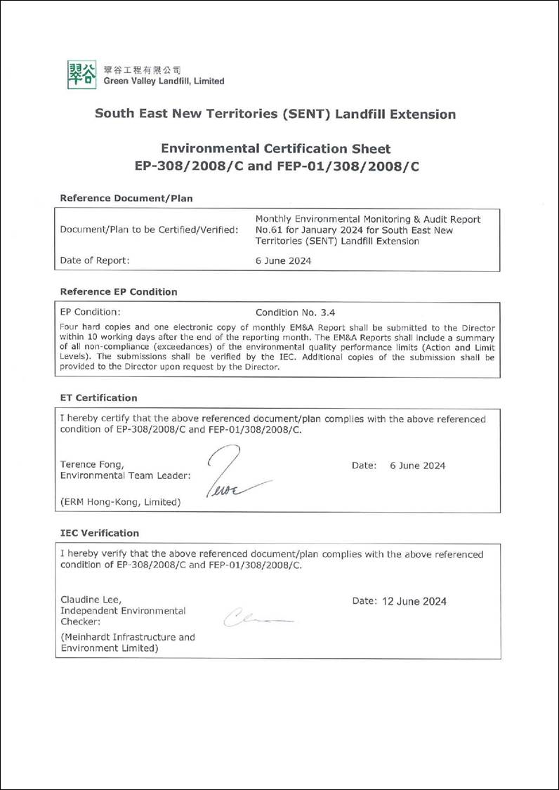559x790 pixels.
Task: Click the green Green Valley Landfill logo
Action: click(81, 74)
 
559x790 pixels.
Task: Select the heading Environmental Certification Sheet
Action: click(276, 148)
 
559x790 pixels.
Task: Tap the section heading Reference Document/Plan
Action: click(126, 198)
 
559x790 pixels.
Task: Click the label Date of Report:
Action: click(95, 261)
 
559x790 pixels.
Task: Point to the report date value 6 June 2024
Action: click(283, 261)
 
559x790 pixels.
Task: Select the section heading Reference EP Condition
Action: click(119, 291)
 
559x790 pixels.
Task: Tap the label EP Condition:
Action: click(90, 312)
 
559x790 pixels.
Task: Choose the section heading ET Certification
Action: click(99, 397)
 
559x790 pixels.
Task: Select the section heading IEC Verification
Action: click(100, 533)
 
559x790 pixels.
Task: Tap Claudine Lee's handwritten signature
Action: click(256, 618)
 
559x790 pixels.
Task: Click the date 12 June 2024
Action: click(414, 601)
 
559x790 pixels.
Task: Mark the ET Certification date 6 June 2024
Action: click(417, 466)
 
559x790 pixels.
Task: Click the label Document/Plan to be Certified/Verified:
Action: click(149, 230)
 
